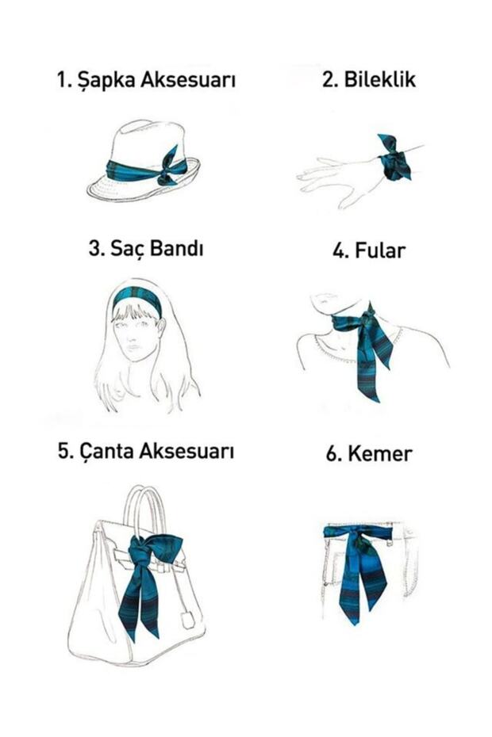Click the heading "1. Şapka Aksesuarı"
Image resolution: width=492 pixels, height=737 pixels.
click(146, 80)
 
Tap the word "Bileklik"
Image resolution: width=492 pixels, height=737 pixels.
click(380, 79)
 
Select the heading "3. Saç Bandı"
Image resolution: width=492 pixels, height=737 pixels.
click(146, 248)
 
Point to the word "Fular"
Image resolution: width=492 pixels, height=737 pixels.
click(380, 250)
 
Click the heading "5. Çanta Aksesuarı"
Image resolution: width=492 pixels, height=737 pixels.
click(146, 451)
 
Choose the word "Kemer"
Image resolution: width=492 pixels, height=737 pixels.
click(380, 454)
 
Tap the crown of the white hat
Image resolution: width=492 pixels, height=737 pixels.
click(146, 141)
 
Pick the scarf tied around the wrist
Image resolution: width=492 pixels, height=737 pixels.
click(394, 158)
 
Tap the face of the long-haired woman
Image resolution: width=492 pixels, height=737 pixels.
click(136, 336)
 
